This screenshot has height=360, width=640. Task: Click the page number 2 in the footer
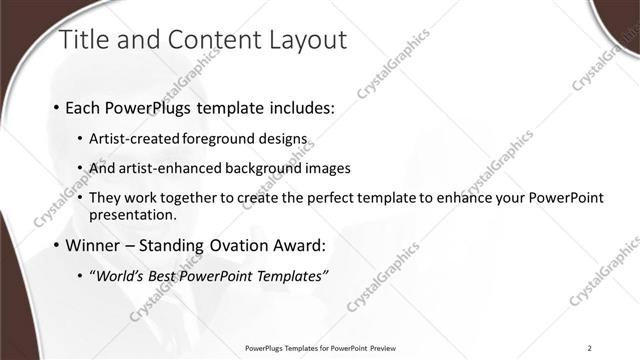point(590,347)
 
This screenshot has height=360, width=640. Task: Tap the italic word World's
point(119,275)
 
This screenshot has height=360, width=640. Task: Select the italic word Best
point(164,275)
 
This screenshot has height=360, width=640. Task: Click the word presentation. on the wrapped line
point(132,214)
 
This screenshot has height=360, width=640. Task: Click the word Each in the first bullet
point(82,107)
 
